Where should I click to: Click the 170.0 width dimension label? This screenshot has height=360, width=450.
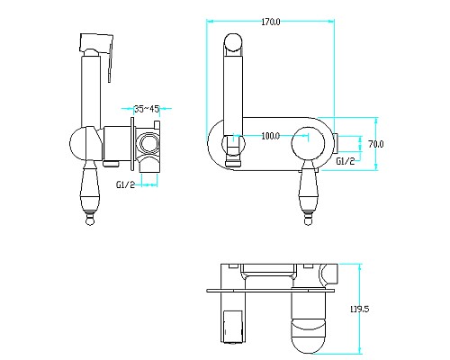(271, 22)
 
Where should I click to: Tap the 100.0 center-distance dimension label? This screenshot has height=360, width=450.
(271, 136)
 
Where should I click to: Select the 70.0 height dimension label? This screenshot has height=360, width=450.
(376, 144)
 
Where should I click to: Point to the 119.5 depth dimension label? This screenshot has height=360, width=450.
(359, 309)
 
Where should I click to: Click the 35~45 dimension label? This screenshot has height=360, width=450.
(147, 109)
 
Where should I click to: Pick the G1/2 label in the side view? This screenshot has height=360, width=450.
(126, 184)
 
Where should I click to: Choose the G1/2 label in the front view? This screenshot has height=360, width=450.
(346, 161)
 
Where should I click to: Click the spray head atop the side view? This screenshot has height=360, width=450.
(96, 42)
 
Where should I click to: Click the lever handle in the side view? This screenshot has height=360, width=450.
(90, 192)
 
